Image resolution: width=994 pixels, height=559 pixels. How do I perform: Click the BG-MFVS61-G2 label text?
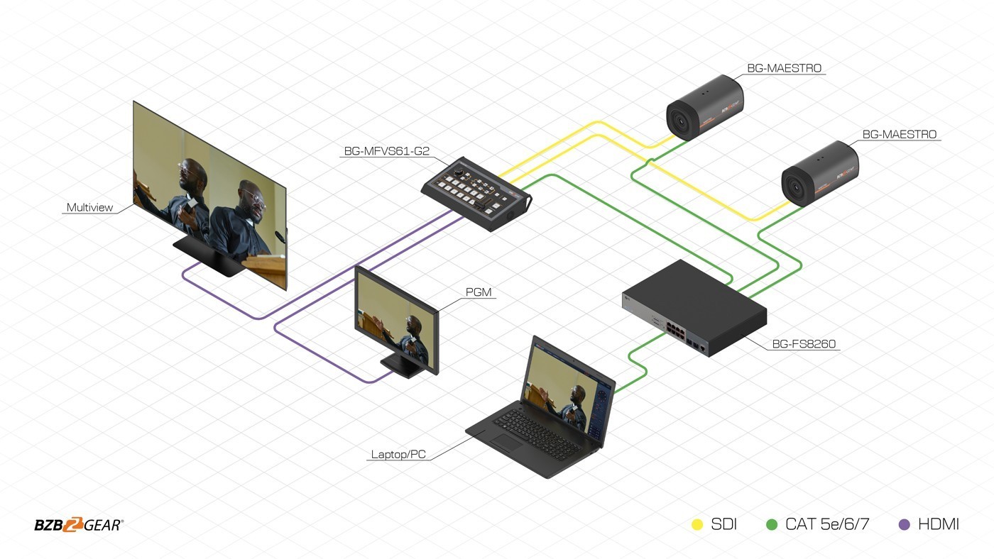point(386,151)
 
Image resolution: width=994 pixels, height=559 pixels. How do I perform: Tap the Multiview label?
point(89,207)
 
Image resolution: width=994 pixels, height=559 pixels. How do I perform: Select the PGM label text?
point(479,292)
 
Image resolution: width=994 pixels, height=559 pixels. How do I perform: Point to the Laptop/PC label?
point(398,455)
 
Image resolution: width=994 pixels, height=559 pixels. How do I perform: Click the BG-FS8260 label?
point(804,344)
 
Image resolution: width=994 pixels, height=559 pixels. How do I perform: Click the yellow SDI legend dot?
point(697,525)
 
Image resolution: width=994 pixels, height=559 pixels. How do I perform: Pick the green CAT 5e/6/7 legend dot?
point(772,525)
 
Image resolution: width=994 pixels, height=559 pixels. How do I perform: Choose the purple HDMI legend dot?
point(904,525)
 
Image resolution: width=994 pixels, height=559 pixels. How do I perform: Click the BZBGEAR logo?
point(79,525)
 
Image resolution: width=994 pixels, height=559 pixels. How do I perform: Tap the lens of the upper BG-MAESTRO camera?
point(679,120)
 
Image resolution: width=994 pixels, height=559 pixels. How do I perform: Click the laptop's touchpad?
point(508,442)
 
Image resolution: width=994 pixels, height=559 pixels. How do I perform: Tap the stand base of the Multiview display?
point(207,256)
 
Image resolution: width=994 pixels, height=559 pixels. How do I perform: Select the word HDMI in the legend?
point(939,524)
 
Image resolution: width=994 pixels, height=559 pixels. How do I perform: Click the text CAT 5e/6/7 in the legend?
point(827,524)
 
